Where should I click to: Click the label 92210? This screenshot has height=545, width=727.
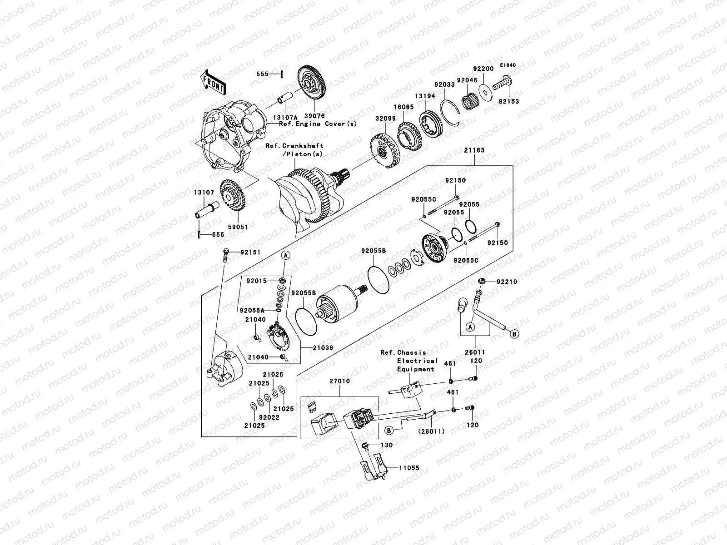(507, 282)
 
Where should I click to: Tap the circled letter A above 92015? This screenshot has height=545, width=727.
(285, 256)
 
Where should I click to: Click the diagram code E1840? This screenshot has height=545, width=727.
(508, 65)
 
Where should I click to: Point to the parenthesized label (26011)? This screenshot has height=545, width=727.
(432, 431)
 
